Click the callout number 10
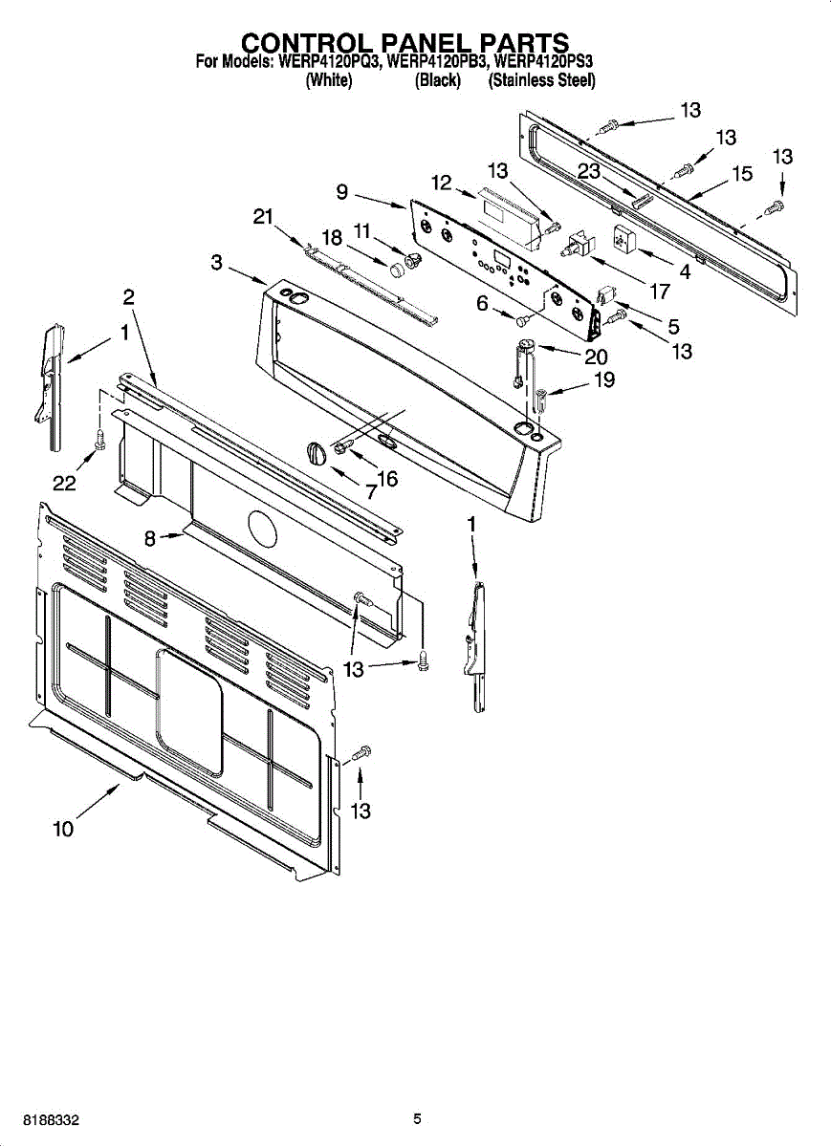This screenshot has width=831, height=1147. (63, 830)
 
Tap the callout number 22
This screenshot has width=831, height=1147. (64, 484)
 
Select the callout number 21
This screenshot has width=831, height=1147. (264, 217)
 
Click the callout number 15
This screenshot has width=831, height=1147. (742, 174)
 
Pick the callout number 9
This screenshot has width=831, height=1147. (341, 191)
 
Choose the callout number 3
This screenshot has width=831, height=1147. (217, 261)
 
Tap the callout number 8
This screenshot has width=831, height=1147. (150, 539)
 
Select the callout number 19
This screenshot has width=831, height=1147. (603, 379)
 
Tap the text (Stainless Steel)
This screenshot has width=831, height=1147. (541, 81)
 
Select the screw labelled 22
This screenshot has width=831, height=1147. (98, 439)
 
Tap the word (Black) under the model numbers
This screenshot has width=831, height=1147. (438, 81)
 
